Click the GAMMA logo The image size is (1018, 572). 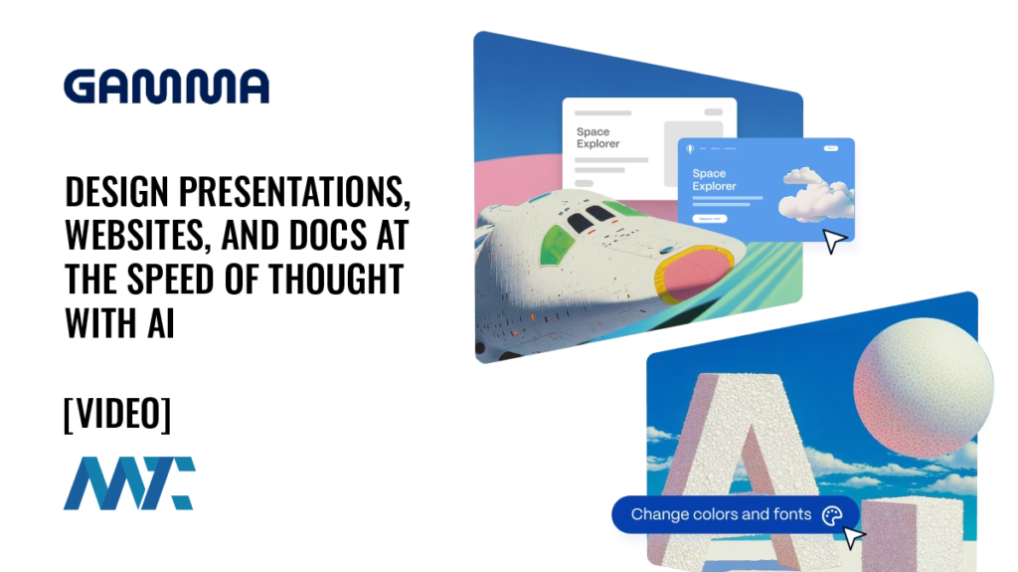click(x=166, y=87)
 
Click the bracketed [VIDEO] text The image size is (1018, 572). click(x=116, y=414)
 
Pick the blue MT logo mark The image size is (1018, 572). click(x=128, y=483)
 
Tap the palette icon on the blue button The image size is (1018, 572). click(x=832, y=514)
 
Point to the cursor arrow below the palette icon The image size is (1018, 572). click(x=853, y=537)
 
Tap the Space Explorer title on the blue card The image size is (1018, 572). click(x=714, y=180)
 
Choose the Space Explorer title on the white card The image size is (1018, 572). click(x=597, y=137)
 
